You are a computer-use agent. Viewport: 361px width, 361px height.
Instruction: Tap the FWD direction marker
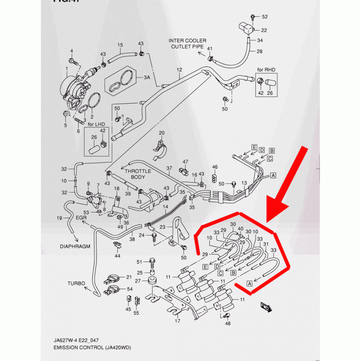(266, 307)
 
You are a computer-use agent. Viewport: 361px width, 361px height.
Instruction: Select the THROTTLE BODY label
(138, 174)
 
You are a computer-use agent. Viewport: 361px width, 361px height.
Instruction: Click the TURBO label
(76, 283)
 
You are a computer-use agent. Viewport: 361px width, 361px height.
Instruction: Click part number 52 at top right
(265, 17)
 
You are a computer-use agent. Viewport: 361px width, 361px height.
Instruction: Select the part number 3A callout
(147, 78)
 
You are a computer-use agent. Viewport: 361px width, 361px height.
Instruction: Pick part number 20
(161, 133)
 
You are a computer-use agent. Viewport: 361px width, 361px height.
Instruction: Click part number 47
(186, 161)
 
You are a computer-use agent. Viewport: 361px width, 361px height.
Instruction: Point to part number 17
(178, 321)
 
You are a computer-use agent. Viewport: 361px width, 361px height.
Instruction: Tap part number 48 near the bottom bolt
(227, 323)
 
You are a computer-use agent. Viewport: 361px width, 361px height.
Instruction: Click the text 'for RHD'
(266, 69)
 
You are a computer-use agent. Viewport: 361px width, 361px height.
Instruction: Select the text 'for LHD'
(95, 124)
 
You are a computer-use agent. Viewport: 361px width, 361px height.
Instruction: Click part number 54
(130, 290)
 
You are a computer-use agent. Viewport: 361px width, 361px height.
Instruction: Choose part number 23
(162, 227)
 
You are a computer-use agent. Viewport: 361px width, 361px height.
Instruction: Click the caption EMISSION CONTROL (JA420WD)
(90, 348)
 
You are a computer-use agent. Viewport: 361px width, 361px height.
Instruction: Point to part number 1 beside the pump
(66, 68)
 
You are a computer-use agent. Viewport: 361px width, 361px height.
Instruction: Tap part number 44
(117, 256)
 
